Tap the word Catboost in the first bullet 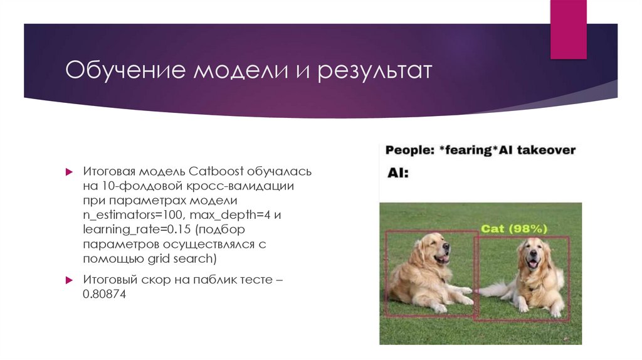coord(217,172)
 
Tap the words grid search coord(186,258)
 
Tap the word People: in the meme coord(408,151)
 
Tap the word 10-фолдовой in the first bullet coord(132,186)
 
